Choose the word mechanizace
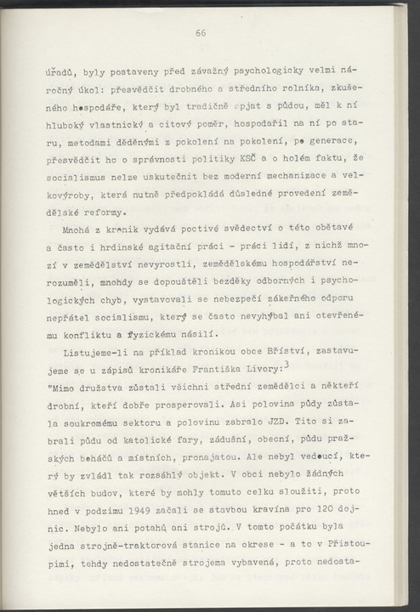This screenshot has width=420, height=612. pyautogui.click(x=298, y=178)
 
